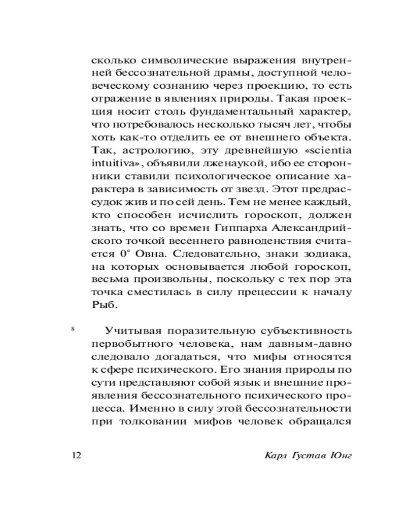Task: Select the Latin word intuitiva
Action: coord(110,165)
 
